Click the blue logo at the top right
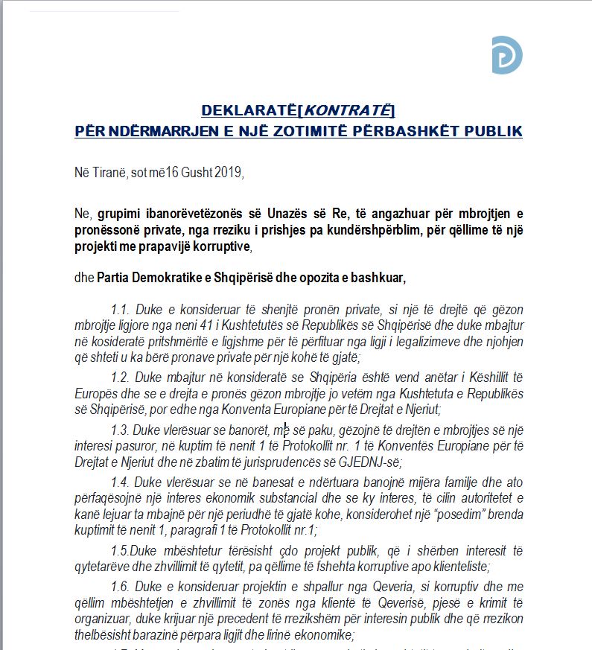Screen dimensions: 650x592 coord(506,55)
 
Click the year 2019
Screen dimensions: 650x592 coord(228,173)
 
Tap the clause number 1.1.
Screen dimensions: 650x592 coord(118,309)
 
